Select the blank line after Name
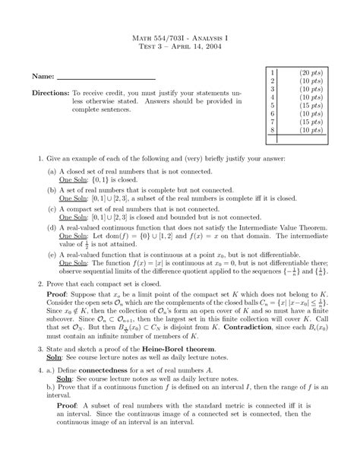point(106,79)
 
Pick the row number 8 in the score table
point(271,129)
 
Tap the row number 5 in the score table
point(271,105)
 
